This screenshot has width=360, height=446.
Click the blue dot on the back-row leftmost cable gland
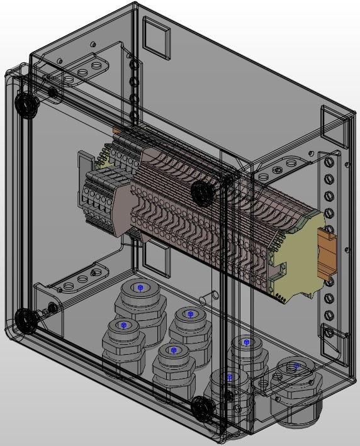[139, 287]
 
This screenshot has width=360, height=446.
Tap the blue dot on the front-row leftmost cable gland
[123, 325]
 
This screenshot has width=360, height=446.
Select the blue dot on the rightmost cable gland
[295, 365]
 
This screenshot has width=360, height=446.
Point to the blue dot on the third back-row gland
[246, 343]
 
